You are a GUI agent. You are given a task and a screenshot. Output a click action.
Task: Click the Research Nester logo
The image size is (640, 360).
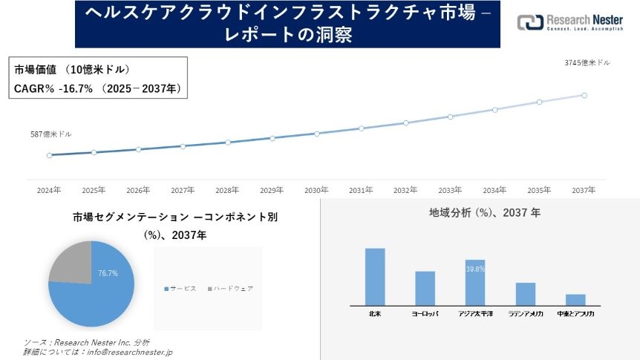pyautogui.click(x=571, y=23)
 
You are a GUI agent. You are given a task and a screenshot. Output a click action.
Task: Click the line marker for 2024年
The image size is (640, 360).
pyautogui.click(x=49, y=155)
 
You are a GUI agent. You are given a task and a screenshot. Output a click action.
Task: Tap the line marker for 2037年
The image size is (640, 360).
pyautogui.click(x=584, y=95)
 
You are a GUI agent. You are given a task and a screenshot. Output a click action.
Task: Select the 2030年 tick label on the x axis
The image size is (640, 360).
pyautogui.click(x=316, y=191)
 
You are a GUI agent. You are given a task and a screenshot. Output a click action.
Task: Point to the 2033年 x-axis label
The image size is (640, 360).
pyautogui.click(x=450, y=191)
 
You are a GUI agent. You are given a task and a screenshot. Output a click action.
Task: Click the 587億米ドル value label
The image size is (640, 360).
pyautogui.click(x=51, y=134)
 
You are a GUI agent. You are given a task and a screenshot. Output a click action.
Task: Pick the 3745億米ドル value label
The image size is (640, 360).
pyautogui.click(x=587, y=63)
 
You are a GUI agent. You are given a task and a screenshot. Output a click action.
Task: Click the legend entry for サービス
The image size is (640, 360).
pyautogui.click(x=180, y=288)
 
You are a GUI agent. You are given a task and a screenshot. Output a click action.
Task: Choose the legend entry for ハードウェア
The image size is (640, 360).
pyautogui.click(x=231, y=288)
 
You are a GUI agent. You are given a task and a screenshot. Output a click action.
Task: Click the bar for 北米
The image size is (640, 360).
pyautogui.click(x=375, y=276)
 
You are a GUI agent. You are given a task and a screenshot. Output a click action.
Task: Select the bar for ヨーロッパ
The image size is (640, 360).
pyautogui.click(x=425, y=288)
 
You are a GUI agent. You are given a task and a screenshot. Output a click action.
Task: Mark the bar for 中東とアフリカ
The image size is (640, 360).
pyautogui.click(x=575, y=299)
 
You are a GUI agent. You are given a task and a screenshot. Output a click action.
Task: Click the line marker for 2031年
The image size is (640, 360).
pyautogui.click(x=361, y=128)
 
